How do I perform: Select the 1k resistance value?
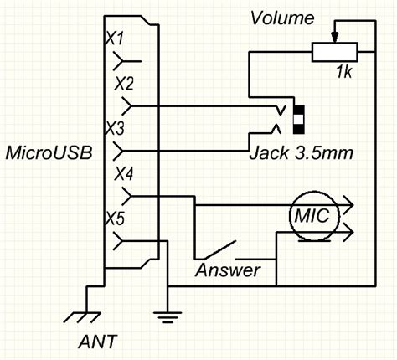click(x=343, y=73)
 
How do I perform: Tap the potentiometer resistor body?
click(x=334, y=52)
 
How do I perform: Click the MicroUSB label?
click(x=48, y=153)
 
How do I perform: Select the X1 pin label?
click(x=115, y=39)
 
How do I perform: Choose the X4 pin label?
click(x=123, y=175)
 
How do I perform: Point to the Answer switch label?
click(x=228, y=270)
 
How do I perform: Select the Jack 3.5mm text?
click(x=300, y=155)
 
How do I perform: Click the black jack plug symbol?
click(x=297, y=119)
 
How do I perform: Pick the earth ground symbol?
click(x=167, y=316)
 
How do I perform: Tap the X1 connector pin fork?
click(x=128, y=60)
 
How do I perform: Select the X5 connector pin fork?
click(x=129, y=242)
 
